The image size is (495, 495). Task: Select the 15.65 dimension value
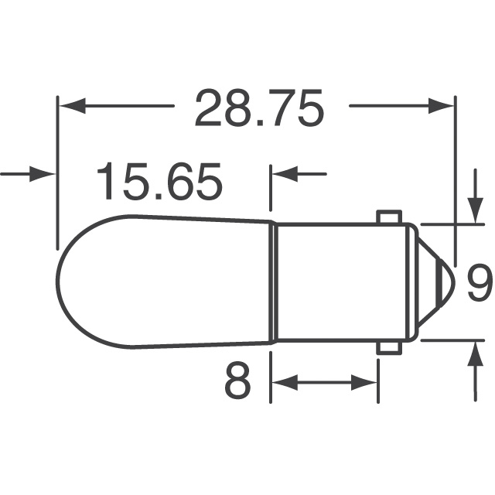pyautogui.click(x=159, y=183)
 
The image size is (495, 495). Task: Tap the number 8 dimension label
pyautogui.click(x=237, y=381)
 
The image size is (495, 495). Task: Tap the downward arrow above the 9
pyautogui.click(x=473, y=208)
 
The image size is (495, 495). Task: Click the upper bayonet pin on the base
pyautogui.click(x=387, y=217)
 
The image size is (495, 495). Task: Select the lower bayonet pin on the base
pyautogui.click(x=387, y=347)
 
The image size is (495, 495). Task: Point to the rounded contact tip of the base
pyautogui.click(x=437, y=282)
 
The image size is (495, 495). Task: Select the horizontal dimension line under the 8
pyautogui.click(x=325, y=381)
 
